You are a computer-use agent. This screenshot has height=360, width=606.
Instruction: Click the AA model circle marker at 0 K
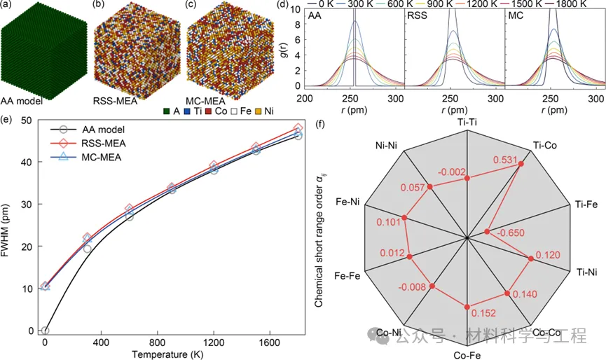(x=45, y=331)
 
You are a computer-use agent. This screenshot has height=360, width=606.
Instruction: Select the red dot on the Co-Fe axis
(x=467, y=306)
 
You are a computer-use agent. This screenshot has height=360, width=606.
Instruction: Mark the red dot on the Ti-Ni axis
(x=530, y=258)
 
